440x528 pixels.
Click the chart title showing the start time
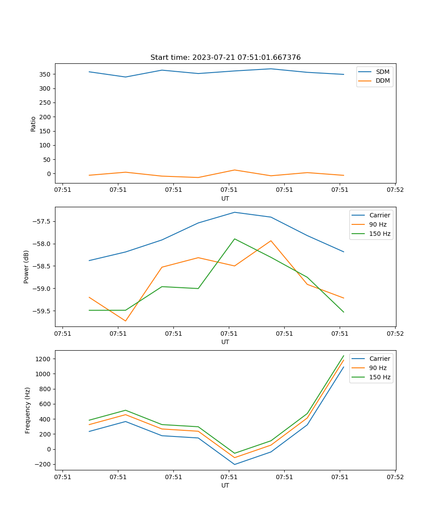click(225, 58)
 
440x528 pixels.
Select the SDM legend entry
click(382, 72)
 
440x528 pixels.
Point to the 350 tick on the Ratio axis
click(46, 74)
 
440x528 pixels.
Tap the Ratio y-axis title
click(33, 124)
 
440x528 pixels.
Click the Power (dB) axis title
click(26, 267)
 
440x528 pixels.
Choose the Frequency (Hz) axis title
click(28, 410)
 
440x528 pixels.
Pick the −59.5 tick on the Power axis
click(43, 311)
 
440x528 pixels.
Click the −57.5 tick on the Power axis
click(43, 221)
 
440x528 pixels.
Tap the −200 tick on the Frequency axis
click(43, 465)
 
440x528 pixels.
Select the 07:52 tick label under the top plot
click(395, 190)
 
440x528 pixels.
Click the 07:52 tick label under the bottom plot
click(395, 477)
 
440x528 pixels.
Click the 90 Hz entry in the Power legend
click(378, 224)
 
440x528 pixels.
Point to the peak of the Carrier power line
click(235, 212)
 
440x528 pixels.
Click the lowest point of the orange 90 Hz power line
click(125, 321)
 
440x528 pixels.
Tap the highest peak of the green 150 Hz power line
click(235, 239)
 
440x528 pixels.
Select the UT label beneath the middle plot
click(225, 342)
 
